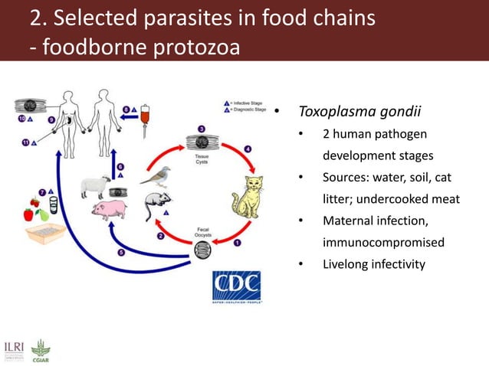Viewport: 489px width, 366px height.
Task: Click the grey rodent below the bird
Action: click(x=156, y=205)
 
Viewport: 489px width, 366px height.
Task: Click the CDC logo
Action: click(x=237, y=287)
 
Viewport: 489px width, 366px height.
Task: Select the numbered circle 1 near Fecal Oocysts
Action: click(x=237, y=243)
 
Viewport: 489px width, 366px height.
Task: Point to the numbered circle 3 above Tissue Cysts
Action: click(x=202, y=128)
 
